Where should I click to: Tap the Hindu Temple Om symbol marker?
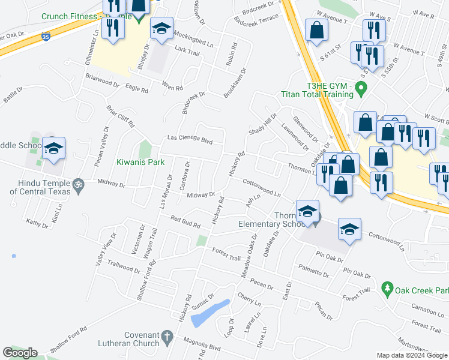(x=77, y=182)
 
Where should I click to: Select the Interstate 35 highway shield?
(x=47, y=37)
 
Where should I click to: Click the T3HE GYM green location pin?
(x=361, y=90)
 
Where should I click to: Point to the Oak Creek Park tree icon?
(x=388, y=289)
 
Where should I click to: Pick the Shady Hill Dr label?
(x=263, y=124)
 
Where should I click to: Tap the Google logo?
(x=20, y=353)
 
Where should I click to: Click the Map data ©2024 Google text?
(x=412, y=355)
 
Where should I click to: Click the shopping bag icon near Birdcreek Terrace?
(x=316, y=31)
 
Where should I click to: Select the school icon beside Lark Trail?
(x=161, y=29)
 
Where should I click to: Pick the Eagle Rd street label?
(x=137, y=88)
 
